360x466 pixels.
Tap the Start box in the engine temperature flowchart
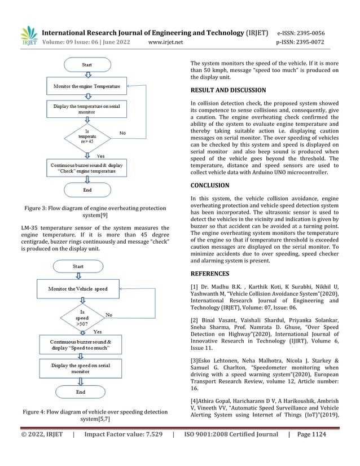[87, 65]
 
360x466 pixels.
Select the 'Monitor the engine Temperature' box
[87, 86]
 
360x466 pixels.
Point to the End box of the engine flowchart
[87, 190]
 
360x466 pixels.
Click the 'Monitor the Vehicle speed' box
[78, 289]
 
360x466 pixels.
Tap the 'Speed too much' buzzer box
[80, 345]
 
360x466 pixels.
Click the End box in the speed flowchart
[80, 392]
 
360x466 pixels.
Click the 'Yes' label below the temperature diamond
[101, 155]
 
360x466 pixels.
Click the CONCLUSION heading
[210, 185]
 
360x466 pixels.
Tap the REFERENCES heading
[210, 273]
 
